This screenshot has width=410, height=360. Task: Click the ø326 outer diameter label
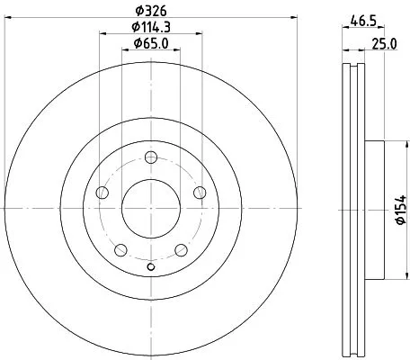(x=150, y=12)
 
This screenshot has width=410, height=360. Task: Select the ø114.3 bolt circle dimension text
(x=150, y=27)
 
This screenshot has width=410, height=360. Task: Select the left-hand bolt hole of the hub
(x=102, y=193)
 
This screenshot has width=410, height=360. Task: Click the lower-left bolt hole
(x=120, y=249)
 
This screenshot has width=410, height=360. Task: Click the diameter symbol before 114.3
(x=130, y=27)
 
